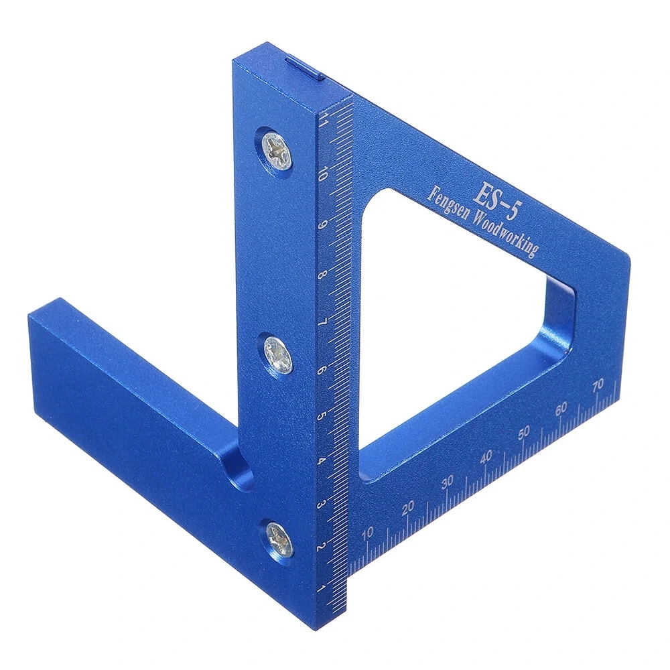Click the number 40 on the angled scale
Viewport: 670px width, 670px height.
[486, 456]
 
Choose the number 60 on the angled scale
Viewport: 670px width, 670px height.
[561, 408]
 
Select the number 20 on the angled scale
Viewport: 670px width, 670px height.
[407, 508]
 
